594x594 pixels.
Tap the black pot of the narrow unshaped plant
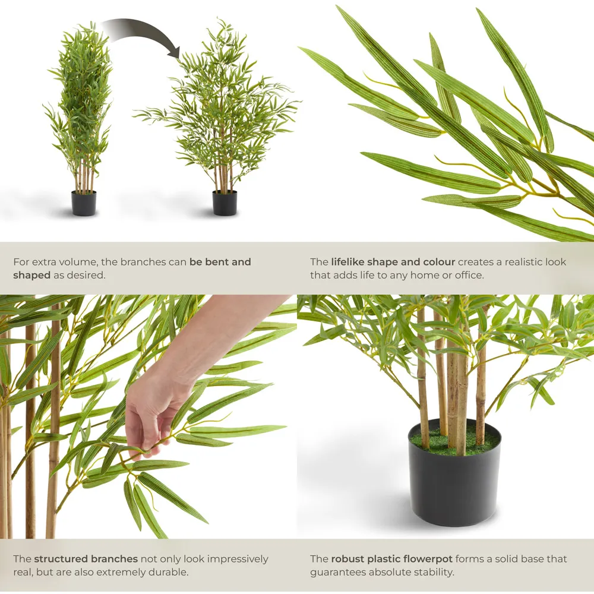(x=84, y=203)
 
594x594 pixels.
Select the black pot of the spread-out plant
(x=225, y=203)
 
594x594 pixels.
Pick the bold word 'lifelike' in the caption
(x=347, y=262)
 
